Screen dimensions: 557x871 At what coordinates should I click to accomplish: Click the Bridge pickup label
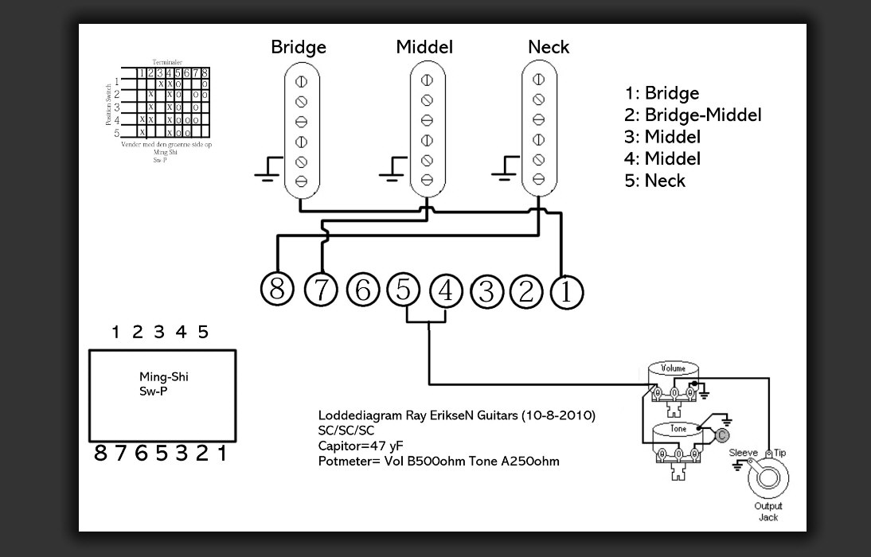click(299, 47)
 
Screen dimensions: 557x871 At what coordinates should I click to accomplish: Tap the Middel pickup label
click(424, 47)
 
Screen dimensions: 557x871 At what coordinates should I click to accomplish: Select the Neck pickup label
click(549, 47)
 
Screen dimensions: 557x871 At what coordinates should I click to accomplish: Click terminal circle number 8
click(277, 289)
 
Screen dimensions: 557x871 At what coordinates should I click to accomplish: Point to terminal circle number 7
click(321, 290)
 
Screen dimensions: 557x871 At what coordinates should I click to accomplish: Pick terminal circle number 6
click(363, 290)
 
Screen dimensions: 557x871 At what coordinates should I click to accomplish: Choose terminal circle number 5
click(404, 290)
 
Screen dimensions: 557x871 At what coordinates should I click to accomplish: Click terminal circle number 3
click(486, 291)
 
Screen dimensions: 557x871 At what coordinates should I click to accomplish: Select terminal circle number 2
click(525, 291)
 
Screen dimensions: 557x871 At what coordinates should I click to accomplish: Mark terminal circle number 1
click(566, 291)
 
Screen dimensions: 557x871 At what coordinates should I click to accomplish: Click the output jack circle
click(768, 479)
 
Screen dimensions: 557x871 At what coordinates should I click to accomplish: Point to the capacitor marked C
click(721, 434)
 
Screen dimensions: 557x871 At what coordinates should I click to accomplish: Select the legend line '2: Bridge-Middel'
click(693, 115)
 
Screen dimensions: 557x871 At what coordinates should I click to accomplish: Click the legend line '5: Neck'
click(654, 180)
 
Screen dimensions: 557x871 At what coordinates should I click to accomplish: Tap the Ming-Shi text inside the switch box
click(164, 377)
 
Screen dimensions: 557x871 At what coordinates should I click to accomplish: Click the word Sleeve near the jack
click(744, 453)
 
